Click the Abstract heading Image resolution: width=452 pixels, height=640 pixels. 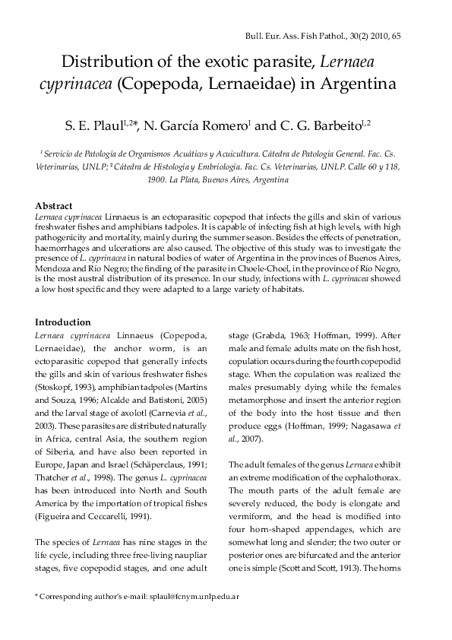tap(54, 206)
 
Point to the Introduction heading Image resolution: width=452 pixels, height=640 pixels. tap(63, 322)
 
